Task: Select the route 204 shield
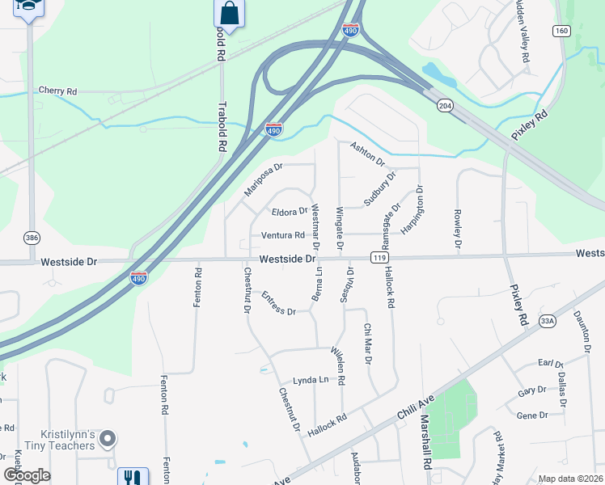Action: (x=444, y=106)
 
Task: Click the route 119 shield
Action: (x=378, y=258)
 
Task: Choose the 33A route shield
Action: (x=548, y=321)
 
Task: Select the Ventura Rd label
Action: (x=282, y=236)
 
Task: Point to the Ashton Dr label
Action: (x=367, y=153)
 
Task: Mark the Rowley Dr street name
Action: (x=457, y=230)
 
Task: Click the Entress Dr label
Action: (x=277, y=304)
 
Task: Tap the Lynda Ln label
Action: (x=311, y=380)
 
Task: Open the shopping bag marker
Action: (x=230, y=14)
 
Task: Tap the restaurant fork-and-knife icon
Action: (x=133, y=478)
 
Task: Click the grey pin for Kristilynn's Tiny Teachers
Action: (x=108, y=439)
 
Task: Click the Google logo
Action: (x=27, y=475)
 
